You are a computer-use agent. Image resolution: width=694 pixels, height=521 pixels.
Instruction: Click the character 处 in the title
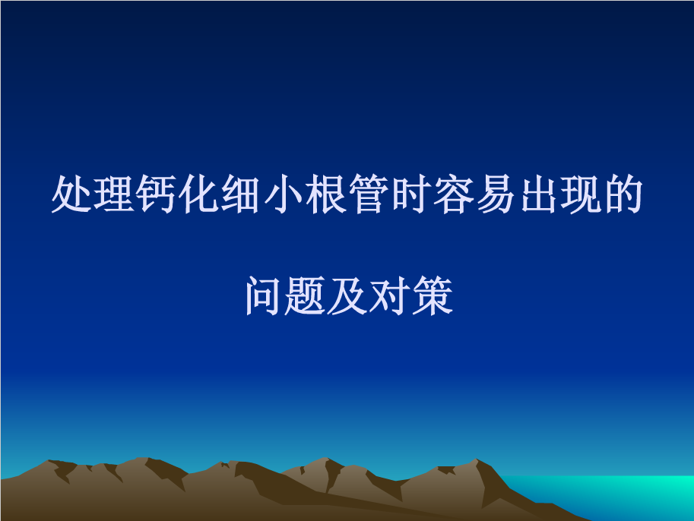click(x=72, y=195)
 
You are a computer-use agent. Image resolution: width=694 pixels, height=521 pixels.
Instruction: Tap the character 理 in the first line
click(x=115, y=195)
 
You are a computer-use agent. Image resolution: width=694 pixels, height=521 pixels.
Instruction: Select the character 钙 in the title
click(x=157, y=195)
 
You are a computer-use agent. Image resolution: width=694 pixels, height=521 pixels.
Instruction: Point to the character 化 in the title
click(x=199, y=195)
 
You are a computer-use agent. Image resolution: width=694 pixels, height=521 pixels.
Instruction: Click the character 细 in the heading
click(x=242, y=195)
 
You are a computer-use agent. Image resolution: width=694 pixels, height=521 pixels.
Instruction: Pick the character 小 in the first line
click(x=284, y=195)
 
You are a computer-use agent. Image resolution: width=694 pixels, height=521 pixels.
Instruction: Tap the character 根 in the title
click(x=326, y=195)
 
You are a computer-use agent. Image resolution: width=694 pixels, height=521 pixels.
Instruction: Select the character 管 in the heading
click(x=369, y=195)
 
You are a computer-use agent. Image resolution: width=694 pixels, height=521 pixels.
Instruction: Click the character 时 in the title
click(x=410, y=195)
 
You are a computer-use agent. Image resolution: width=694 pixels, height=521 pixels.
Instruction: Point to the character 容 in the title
click(x=453, y=195)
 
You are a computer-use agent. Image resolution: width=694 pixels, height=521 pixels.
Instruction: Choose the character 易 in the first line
click(x=496, y=195)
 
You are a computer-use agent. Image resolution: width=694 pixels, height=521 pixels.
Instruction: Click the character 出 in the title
click(x=537, y=195)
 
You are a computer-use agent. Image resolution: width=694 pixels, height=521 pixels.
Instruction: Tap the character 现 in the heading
click(x=580, y=195)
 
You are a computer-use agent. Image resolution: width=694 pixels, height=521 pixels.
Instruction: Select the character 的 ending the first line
click(x=623, y=195)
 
